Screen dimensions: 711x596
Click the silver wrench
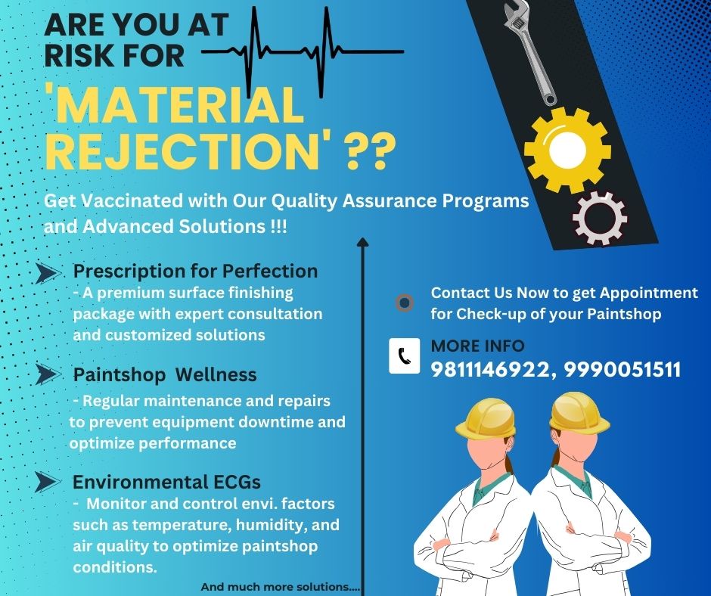pyautogui.click(x=530, y=50)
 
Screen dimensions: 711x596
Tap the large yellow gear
pyautogui.click(x=567, y=150)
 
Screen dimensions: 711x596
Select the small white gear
pyautogui.click(x=600, y=219)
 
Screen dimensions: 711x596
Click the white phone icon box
pyautogui.click(x=405, y=356)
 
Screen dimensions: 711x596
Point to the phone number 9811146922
pyautogui.click(x=489, y=370)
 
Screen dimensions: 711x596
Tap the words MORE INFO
pyautogui.click(x=477, y=346)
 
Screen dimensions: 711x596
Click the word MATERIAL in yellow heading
pyautogui.click(x=175, y=105)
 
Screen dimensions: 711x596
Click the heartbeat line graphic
pyautogui.click(x=303, y=51)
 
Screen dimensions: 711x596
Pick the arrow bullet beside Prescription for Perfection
pyautogui.click(x=48, y=273)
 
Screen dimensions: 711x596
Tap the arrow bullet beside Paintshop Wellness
pyautogui.click(x=48, y=374)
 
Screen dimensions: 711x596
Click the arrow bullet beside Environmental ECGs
pyautogui.click(x=48, y=482)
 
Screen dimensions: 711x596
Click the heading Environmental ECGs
pyautogui.click(x=167, y=482)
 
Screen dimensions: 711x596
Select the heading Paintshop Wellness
pyautogui.click(x=165, y=375)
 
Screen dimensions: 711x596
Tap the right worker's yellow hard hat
pyautogui.click(x=579, y=412)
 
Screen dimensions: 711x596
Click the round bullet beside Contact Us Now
pyautogui.click(x=405, y=303)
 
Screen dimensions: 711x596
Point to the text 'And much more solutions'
pyautogui.click(x=280, y=587)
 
